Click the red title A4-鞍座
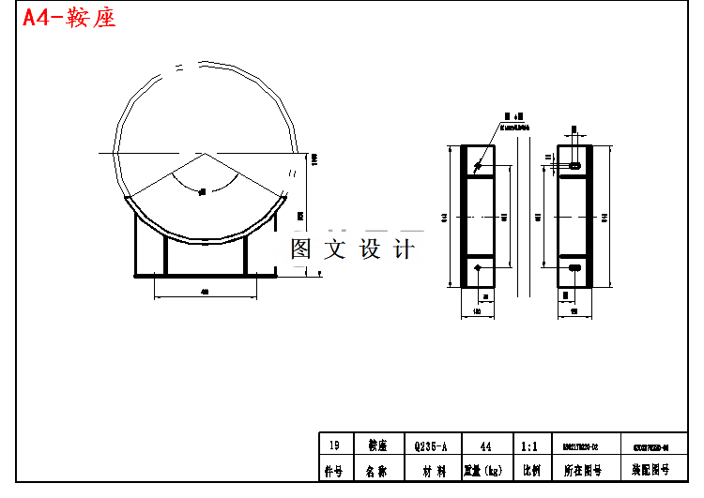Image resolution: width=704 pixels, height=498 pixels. [x=69, y=18]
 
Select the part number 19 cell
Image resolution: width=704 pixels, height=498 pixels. [x=333, y=446]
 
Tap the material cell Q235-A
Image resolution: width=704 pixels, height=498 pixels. [x=431, y=446]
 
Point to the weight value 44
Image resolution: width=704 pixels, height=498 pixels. [x=485, y=446]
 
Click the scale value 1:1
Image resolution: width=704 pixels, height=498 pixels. [x=528, y=446]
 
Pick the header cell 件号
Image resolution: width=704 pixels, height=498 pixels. [x=333, y=470]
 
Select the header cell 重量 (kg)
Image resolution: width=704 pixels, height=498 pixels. [x=485, y=470]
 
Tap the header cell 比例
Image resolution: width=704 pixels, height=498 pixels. [x=529, y=470]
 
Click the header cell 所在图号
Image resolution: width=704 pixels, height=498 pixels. [x=581, y=470]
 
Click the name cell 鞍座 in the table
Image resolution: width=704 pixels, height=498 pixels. [x=376, y=446]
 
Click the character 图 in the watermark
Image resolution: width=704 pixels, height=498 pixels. [x=301, y=249]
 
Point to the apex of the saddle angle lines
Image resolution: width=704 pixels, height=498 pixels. [x=202, y=152]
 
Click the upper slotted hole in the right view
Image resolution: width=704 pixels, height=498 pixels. [x=575, y=165]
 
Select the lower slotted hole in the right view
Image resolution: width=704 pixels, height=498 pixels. [x=575, y=268]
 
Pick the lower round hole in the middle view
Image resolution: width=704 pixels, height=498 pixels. [x=478, y=269]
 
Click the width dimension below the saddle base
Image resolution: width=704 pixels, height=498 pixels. [x=204, y=293]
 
